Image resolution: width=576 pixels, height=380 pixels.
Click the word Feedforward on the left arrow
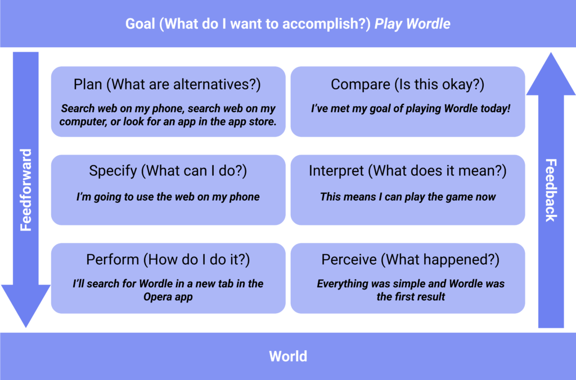[x=26, y=190]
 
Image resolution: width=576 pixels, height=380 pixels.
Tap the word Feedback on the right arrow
[x=551, y=190]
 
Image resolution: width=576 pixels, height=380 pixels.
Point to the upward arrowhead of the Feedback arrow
[x=551, y=74]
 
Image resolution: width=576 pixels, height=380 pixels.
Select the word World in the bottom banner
[x=288, y=356]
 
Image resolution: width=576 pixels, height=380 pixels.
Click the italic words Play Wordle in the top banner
[x=412, y=24]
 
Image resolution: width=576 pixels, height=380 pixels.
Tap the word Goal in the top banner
[x=140, y=24]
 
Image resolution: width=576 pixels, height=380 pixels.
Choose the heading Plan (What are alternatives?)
[x=167, y=84]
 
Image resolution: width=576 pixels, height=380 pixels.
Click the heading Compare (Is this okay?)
[x=407, y=84]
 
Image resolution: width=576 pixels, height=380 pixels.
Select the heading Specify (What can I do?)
[x=168, y=171]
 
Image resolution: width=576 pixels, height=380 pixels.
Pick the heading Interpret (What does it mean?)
[x=407, y=171]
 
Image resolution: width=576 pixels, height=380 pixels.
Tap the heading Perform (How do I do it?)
[x=168, y=260]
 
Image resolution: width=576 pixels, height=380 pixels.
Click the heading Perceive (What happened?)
[x=410, y=260]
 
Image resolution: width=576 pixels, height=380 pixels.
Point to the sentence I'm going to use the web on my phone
[x=168, y=197]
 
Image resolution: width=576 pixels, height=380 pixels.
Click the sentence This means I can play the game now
[x=408, y=197]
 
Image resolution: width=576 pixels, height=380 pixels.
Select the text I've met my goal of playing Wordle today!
[x=411, y=108]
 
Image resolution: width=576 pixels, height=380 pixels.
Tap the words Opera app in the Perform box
[x=168, y=297]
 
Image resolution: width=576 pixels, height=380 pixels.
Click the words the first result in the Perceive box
[x=411, y=297]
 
